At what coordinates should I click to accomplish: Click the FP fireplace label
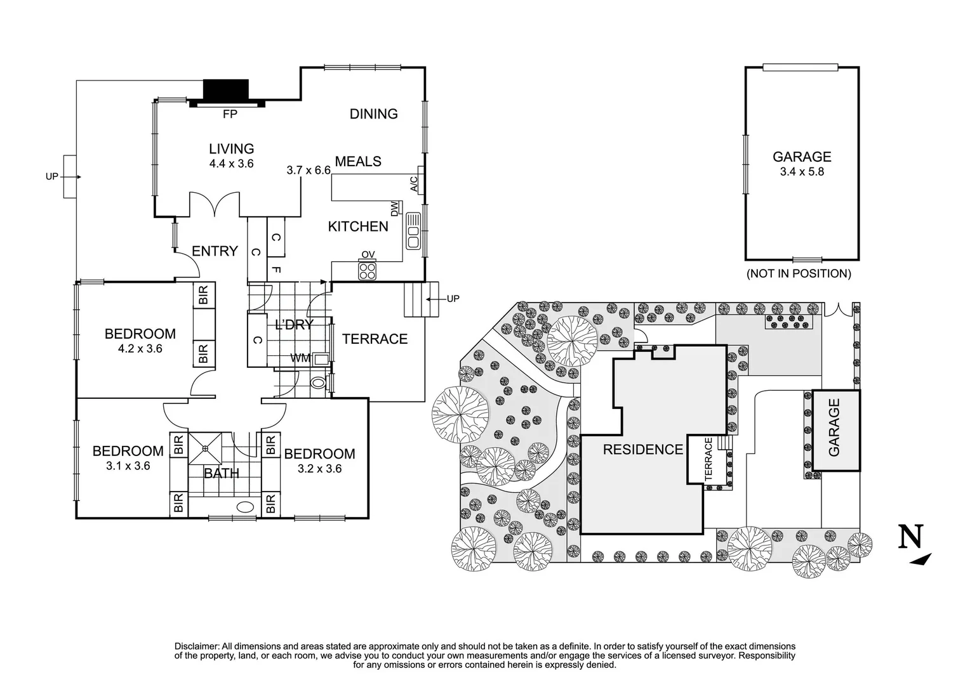coord(230,115)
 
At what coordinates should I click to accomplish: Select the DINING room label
coord(374,114)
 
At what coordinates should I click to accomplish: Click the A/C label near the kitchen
coord(414,184)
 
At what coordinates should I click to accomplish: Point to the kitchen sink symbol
coord(414,230)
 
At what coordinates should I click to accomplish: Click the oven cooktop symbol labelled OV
coord(368,271)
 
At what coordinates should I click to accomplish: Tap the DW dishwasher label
coord(394,208)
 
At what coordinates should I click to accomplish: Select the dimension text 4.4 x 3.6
coord(232,164)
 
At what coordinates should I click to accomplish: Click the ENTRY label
coord(215,251)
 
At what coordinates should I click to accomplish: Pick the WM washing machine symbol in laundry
coord(321,359)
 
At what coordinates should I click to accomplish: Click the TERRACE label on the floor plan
coord(375,339)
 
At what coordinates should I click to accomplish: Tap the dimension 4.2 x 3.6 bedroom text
coord(140,348)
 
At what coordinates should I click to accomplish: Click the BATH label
coord(222,473)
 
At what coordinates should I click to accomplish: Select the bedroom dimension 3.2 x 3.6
coord(320,469)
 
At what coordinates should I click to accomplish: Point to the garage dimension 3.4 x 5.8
coord(802,171)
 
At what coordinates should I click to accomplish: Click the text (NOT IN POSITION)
coord(799,274)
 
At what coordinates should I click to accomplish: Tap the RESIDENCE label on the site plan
coord(642,450)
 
